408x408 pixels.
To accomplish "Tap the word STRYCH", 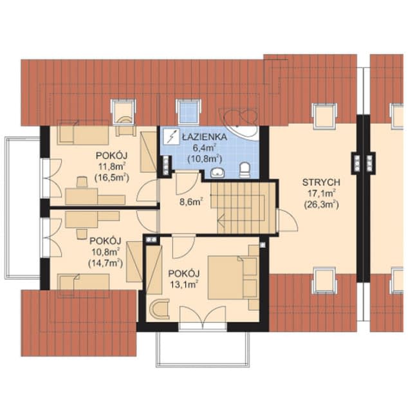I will coord(320,182).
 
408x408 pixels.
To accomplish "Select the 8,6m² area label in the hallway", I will coord(191,201).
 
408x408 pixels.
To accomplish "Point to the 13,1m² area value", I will coord(183,282).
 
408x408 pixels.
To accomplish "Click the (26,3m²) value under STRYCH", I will coord(320,205).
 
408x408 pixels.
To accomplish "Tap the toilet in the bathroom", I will coord(244,171).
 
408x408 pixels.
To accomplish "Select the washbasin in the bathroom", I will coord(218,172).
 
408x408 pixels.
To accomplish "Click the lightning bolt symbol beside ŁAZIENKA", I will coord(171,137).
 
